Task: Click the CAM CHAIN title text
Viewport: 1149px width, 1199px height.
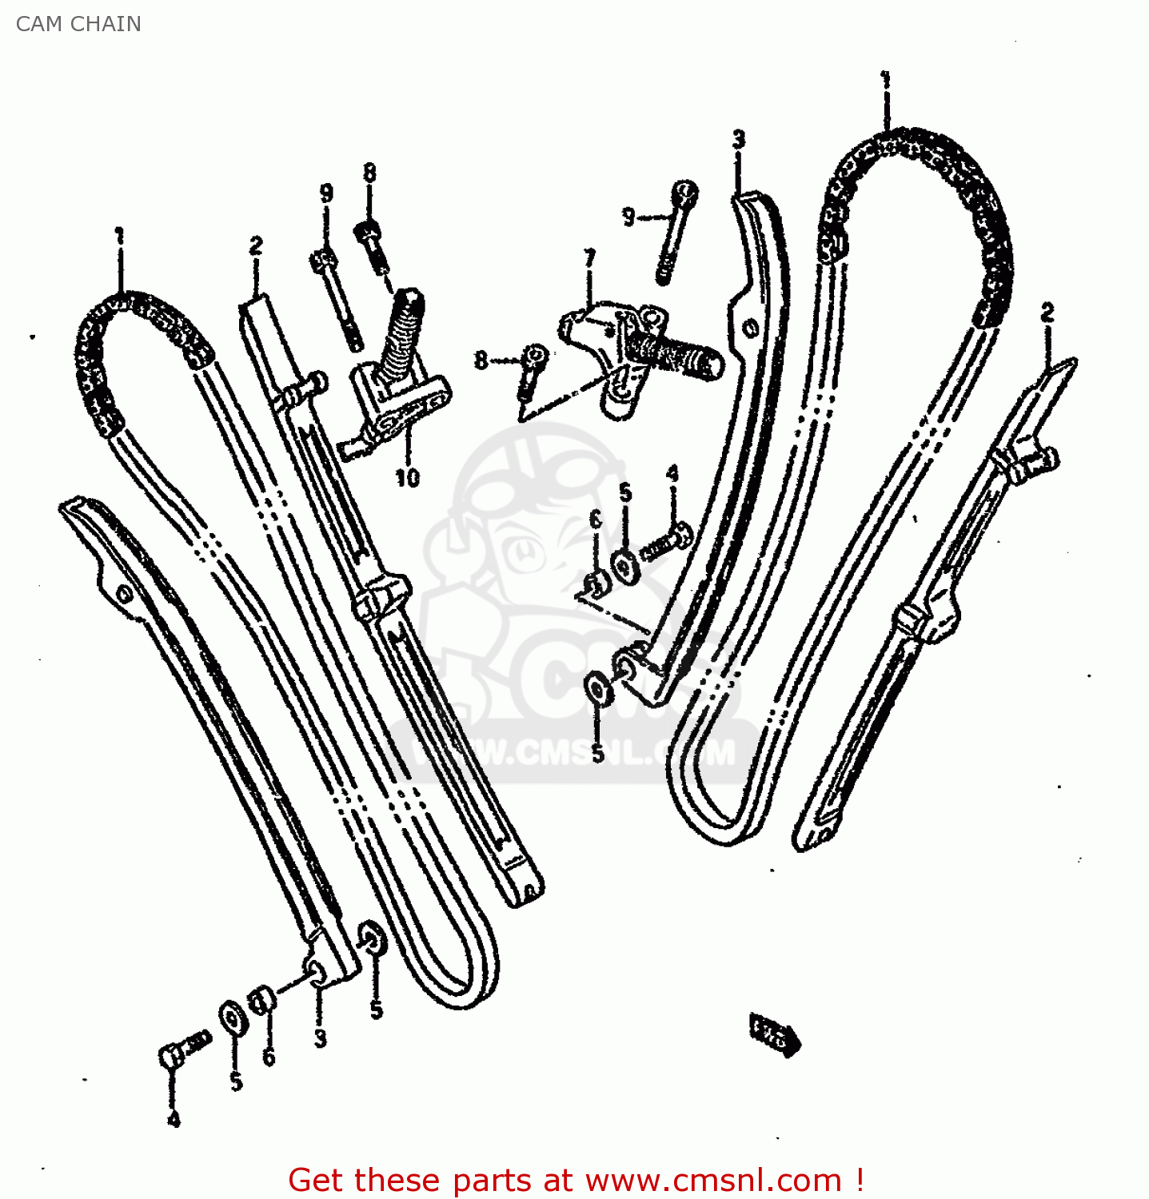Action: coord(78,24)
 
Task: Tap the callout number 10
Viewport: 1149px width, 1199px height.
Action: coord(407,478)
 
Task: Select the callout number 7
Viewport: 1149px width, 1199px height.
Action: coord(589,259)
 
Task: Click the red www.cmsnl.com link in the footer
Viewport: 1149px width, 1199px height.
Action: coord(713,1180)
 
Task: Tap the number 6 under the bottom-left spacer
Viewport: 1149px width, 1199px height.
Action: coord(269,1057)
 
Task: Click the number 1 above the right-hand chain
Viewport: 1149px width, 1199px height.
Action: coord(885,81)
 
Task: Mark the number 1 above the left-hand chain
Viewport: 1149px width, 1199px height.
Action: coord(120,237)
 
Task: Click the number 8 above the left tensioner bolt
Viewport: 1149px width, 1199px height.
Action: coord(369,173)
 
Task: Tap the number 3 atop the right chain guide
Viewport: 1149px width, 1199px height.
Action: coord(738,140)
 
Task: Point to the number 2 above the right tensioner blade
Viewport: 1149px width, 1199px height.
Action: coord(1047,313)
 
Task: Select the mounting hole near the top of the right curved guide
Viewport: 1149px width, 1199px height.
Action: coord(750,328)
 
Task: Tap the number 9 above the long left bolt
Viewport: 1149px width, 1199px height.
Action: coord(326,193)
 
